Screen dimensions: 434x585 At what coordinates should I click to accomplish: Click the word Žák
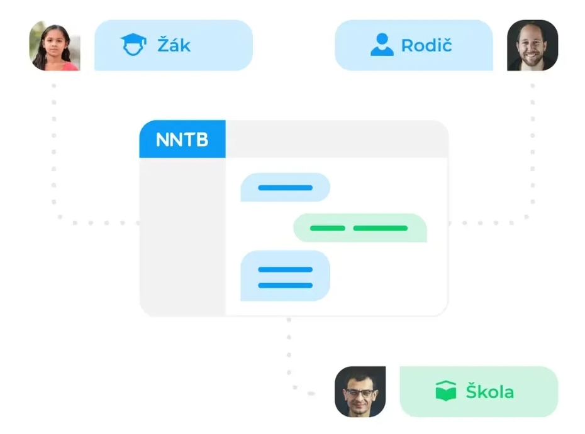[174, 45]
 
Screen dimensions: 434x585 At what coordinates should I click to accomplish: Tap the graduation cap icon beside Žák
[133, 45]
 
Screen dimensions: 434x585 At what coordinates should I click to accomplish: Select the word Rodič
[426, 45]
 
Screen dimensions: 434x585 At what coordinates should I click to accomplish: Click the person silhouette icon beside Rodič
[382, 45]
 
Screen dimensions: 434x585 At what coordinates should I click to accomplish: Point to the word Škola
[489, 392]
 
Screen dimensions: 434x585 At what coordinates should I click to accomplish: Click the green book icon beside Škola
[445, 392]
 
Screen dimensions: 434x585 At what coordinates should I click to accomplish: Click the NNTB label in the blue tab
[182, 139]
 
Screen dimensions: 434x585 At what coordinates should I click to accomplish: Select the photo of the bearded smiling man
[532, 45]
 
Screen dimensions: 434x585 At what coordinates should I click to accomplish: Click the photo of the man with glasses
[360, 392]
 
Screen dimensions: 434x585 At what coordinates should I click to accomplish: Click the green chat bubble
[360, 228]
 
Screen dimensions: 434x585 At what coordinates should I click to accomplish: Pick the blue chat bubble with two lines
[285, 276]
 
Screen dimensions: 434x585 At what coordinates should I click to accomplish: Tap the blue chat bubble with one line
[285, 187]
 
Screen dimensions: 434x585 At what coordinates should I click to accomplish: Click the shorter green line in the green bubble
[328, 228]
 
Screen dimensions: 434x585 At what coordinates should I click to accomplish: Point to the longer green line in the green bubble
[380, 228]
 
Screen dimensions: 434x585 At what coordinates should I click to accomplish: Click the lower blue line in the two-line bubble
[285, 285]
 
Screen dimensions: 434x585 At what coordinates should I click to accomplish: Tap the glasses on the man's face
[359, 393]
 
